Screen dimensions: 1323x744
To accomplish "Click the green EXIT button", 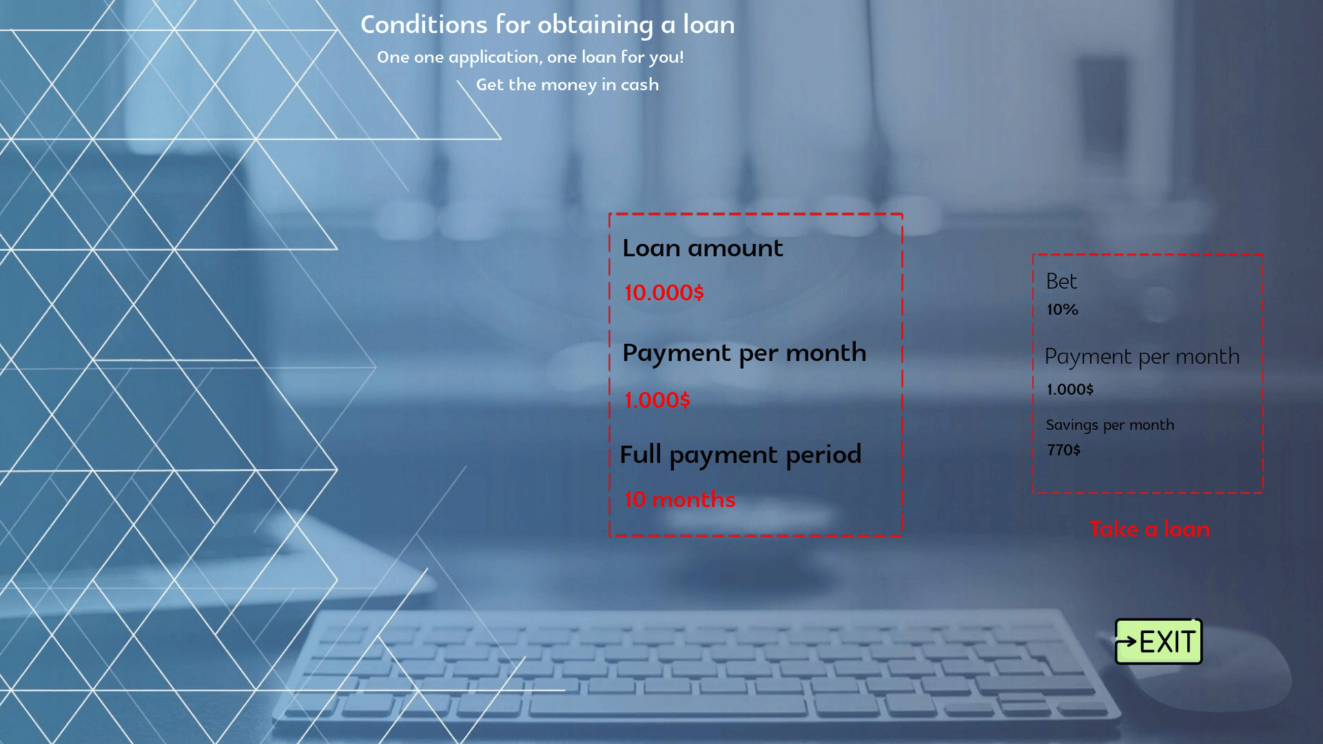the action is tap(1158, 641).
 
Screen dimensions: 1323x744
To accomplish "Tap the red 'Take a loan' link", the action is tap(1149, 529).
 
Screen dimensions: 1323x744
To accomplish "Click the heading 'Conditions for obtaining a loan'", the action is tap(548, 25).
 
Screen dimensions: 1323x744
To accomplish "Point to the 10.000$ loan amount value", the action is tap(664, 293).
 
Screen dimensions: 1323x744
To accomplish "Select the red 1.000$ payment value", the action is tap(657, 400).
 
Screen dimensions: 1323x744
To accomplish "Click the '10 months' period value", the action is tap(680, 499).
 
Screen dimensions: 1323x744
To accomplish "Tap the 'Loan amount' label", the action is tap(703, 248).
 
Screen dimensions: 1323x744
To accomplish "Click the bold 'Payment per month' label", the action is tap(744, 353).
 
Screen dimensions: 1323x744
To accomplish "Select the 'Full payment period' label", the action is tap(741, 455).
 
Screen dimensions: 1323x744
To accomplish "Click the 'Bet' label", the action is tap(1061, 281).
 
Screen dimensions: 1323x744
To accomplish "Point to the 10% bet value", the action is tap(1063, 310).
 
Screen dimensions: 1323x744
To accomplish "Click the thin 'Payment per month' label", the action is tap(1142, 357).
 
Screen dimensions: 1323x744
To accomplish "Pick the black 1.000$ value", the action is tap(1070, 389).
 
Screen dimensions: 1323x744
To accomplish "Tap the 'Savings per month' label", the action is tap(1110, 425).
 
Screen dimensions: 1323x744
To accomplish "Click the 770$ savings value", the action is tap(1064, 450).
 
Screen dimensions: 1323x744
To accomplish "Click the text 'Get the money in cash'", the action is tap(568, 85).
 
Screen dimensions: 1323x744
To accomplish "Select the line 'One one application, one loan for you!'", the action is tap(531, 57).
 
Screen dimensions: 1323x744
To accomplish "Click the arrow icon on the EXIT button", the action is tap(1127, 642).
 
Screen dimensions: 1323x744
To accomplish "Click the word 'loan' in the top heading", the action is tap(709, 25).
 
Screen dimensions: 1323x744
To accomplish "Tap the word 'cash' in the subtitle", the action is tap(640, 85).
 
